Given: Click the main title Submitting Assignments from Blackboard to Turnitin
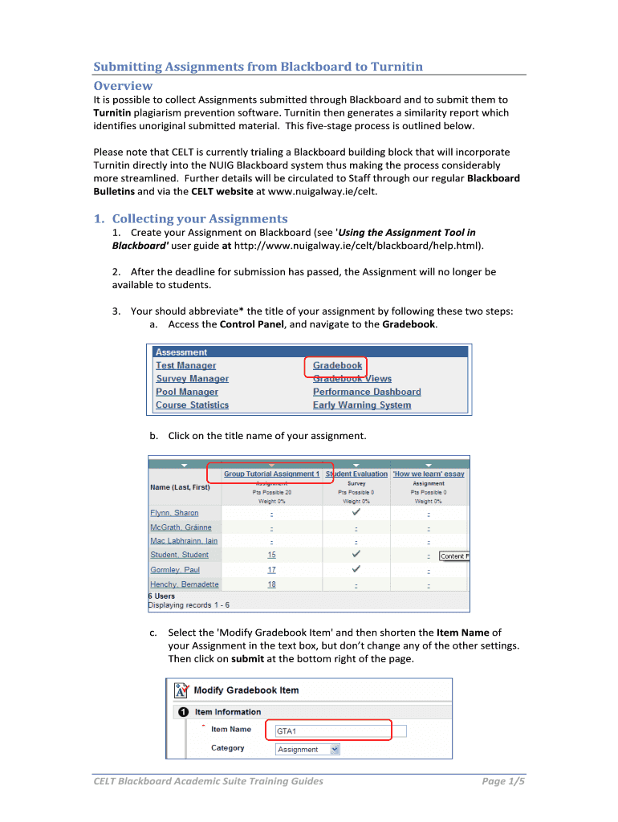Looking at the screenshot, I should tap(258, 66).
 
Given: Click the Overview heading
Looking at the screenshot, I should tap(123, 85).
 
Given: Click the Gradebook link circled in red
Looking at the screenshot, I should tap(337, 365).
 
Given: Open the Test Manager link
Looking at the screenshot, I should tap(185, 365).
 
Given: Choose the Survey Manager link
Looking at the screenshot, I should tap(192, 379).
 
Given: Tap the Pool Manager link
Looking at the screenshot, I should tap(186, 392).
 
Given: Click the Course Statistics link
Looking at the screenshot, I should tap(192, 405).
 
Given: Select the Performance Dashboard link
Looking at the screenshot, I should tap(367, 392).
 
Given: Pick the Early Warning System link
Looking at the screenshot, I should tap(361, 405).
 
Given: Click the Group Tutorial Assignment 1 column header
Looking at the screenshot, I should tap(271, 474).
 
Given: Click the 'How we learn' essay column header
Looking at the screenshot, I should tap(429, 474).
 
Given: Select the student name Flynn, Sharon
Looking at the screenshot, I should tap(174, 513).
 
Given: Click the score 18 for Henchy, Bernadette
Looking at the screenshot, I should tap(271, 584).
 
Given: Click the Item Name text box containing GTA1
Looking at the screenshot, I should tap(340, 731).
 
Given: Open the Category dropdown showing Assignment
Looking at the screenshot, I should tap(307, 749).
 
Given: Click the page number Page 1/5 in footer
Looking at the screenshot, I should tap(503, 781).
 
